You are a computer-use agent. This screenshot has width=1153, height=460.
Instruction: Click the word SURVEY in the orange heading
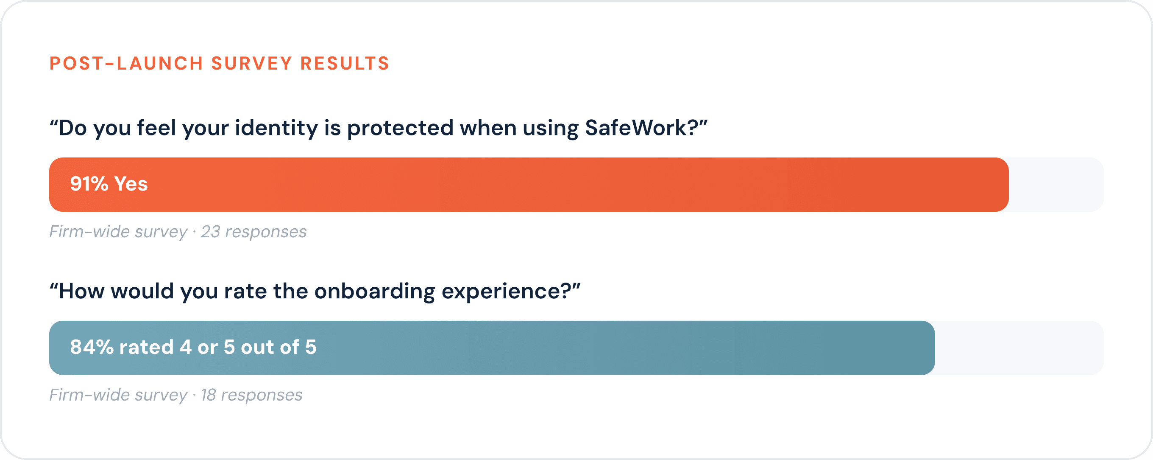coord(251,64)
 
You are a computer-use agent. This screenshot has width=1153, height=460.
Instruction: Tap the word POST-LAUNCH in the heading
coord(126,64)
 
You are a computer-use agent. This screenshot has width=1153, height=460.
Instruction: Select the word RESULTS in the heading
coord(345,64)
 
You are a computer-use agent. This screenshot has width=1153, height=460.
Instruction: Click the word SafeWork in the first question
coord(636,128)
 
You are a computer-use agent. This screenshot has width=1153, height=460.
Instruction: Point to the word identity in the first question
coord(276,129)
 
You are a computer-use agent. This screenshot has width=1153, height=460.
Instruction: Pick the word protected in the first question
coord(400,129)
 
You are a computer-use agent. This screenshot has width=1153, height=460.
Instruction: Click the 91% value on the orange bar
coord(89,184)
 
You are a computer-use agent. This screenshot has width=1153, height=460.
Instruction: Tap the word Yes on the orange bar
coord(131,184)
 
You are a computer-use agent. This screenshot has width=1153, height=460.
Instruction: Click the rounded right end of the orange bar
coord(1008,185)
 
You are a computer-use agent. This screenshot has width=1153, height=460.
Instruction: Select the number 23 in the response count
coord(210,232)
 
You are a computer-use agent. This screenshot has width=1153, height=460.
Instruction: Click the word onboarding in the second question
coord(374,292)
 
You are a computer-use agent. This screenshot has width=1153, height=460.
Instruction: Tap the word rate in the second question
coord(245,292)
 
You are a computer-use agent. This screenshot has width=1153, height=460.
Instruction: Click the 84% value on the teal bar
coord(92,347)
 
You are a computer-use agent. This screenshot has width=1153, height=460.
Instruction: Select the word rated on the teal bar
coord(146,347)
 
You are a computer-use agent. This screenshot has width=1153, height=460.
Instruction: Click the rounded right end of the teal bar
coord(934,348)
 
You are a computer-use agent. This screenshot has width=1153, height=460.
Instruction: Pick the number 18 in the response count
coord(208,395)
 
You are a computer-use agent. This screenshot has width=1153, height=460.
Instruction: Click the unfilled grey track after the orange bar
coord(1056,185)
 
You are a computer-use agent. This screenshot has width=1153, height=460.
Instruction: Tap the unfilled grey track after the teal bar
coord(1019,348)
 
